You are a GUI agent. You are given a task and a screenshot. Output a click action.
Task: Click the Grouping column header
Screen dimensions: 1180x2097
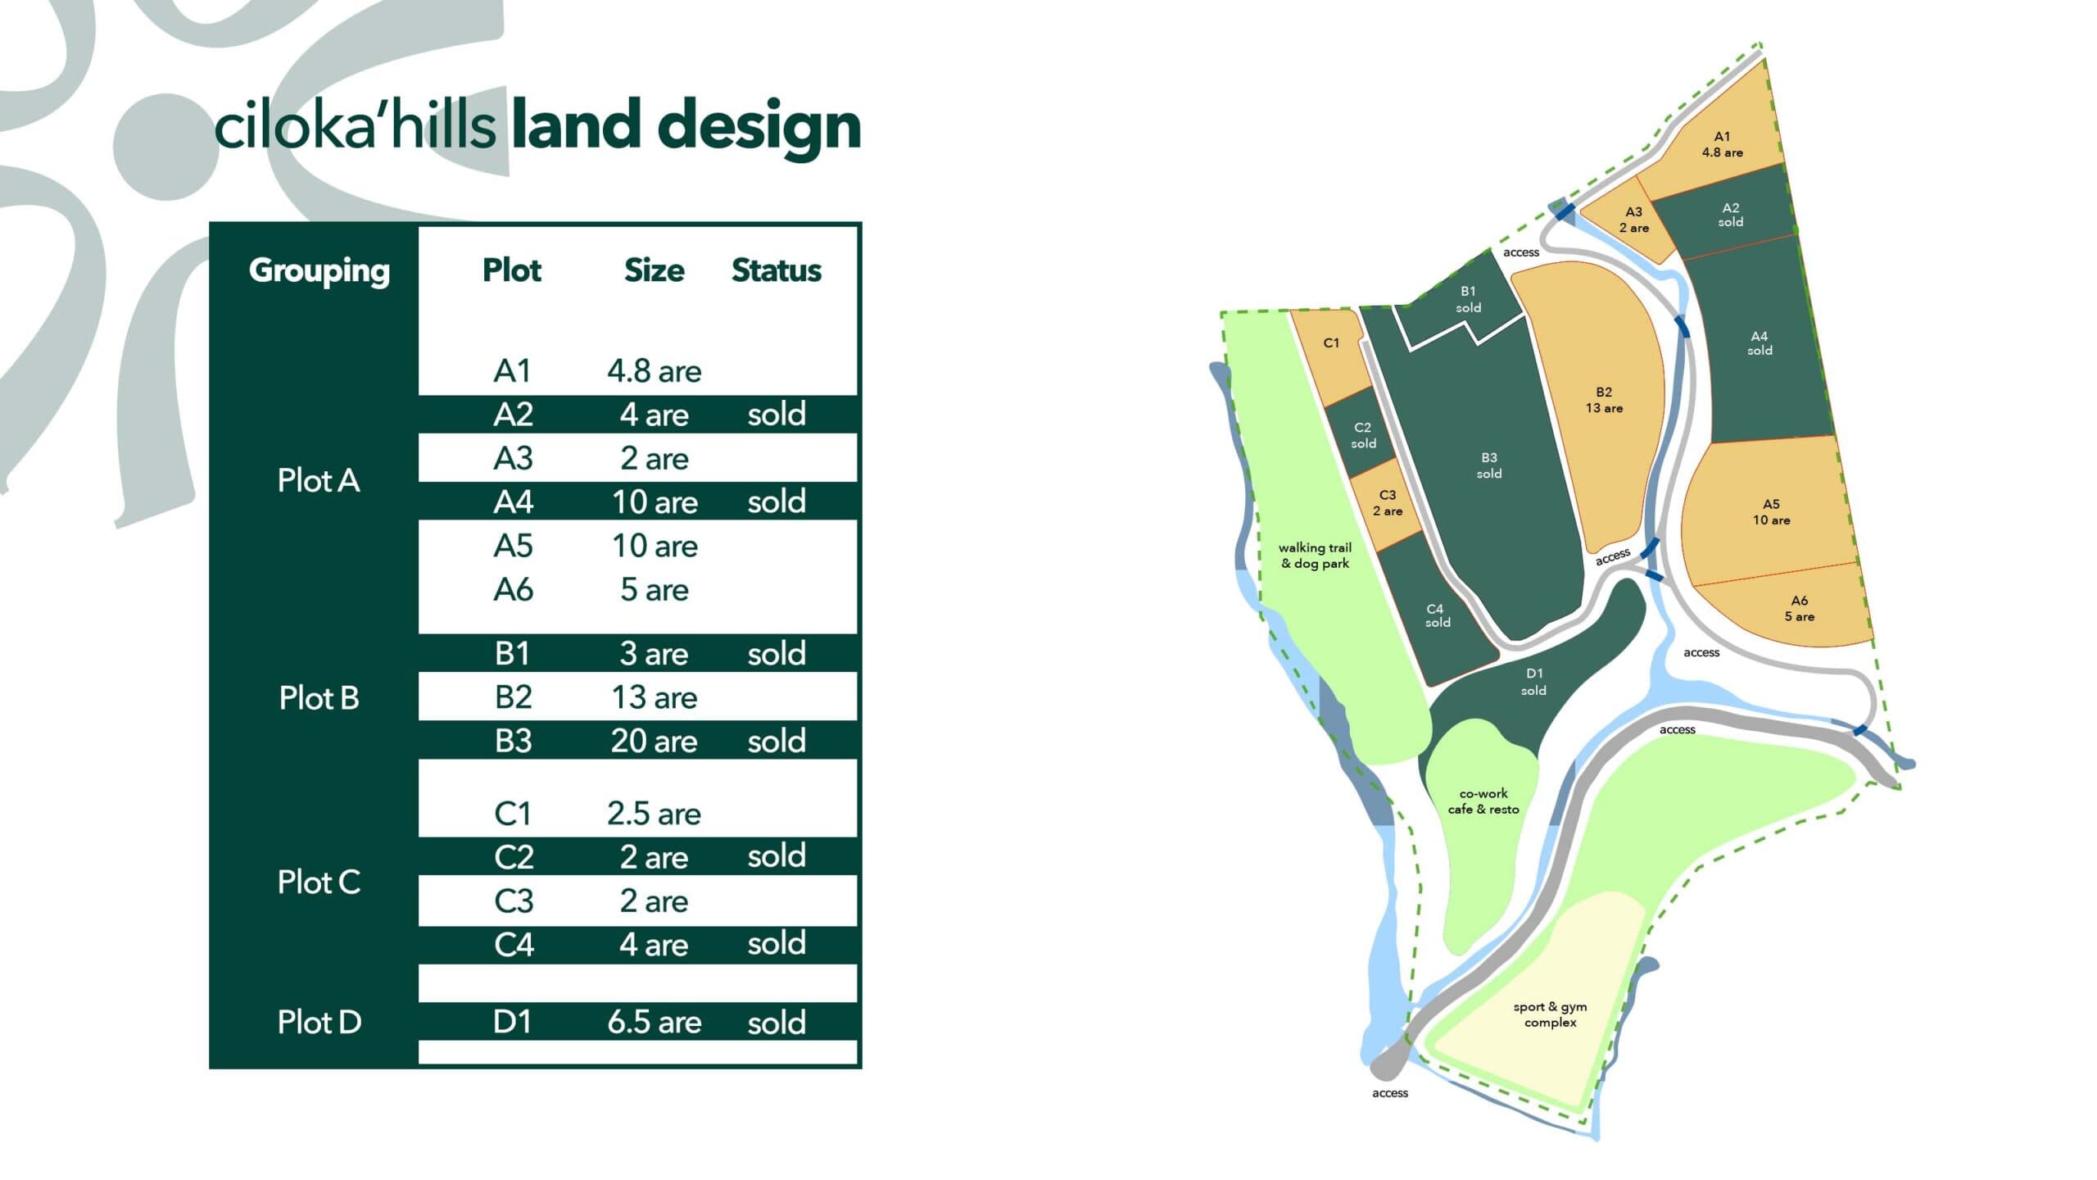coord(319,271)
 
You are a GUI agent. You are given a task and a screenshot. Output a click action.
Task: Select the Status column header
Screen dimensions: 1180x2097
coord(776,270)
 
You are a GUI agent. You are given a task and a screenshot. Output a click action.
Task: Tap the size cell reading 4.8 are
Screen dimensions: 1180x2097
coord(654,371)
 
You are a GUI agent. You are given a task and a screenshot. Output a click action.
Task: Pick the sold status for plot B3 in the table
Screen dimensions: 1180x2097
coord(776,741)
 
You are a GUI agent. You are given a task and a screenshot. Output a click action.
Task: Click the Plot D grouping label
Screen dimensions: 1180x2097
coord(319,1022)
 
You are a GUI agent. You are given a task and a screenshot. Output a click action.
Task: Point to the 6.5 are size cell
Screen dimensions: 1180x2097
coord(654,1022)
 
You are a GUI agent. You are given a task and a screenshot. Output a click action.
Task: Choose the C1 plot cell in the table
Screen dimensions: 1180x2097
coord(513,813)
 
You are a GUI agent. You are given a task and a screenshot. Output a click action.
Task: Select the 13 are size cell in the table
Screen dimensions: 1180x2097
coord(654,697)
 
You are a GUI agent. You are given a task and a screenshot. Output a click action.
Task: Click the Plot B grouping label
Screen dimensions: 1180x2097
coord(319,697)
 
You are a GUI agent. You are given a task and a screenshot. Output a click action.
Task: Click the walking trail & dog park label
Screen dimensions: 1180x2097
coord(1315,556)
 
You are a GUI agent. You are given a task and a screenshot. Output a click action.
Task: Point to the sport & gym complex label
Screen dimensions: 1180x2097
coord(1550,1014)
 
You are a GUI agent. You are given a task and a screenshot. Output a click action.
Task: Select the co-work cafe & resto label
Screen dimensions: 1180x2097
coord(1483,801)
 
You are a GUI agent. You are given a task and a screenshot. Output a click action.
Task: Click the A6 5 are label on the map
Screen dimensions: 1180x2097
coord(1799,608)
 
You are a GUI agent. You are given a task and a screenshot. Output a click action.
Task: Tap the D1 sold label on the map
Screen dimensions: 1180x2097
coord(1533,682)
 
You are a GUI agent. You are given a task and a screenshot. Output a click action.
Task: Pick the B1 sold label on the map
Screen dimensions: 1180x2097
coord(1468,299)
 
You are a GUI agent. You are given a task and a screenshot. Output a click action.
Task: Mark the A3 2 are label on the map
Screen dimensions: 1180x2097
coord(1633,220)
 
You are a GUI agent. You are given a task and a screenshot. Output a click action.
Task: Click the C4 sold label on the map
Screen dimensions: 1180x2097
coord(1437,615)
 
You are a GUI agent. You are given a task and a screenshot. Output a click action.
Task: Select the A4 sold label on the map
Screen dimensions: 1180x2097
coord(1760,343)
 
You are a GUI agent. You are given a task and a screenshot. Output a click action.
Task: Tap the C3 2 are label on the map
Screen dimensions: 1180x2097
coord(1388,502)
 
